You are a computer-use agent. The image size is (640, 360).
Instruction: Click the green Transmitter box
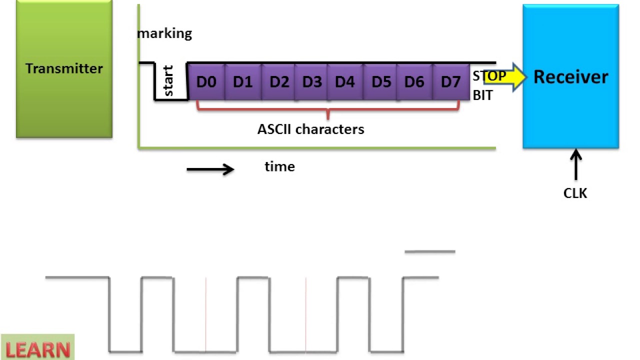tap(64, 68)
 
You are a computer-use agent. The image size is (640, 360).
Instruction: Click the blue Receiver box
tap(570, 76)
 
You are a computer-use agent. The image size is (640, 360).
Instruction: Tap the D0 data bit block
tap(206, 81)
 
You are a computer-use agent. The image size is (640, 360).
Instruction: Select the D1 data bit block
tap(243, 81)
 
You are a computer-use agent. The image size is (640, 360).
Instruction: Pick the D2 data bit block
tap(278, 81)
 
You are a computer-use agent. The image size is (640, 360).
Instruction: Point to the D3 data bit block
tap(311, 81)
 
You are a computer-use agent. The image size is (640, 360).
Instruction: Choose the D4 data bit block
tap(345, 81)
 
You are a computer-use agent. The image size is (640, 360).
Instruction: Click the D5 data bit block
tap(380, 81)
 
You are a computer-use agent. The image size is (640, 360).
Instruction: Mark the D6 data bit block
tap(414, 81)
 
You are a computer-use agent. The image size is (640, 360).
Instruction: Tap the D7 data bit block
tap(450, 81)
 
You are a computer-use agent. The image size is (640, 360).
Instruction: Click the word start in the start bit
tap(168, 81)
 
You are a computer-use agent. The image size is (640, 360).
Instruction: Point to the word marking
tap(165, 33)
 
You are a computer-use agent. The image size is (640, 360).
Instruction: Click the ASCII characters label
tap(310, 129)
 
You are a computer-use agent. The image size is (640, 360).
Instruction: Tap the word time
tap(279, 166)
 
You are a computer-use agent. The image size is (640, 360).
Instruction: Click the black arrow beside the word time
tap(210, 169)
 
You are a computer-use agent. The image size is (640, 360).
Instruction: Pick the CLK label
tap(575, 193)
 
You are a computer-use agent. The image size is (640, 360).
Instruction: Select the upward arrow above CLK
tap(576, 165)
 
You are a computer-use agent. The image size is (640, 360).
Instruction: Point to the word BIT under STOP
tap(482, 95)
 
